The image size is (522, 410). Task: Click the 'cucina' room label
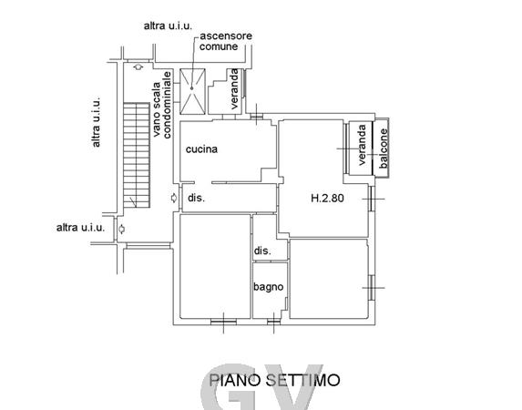click(x=201, y=149)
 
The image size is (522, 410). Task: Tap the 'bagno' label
click(x=269, y=287)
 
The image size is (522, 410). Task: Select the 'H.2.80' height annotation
click(x=327, y=199)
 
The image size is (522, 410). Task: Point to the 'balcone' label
click(x=384, y=149)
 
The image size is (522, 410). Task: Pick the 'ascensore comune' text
click(x=225, y=41)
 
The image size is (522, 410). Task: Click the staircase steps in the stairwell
click(x=137, y=155)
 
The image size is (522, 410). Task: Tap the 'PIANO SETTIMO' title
click(x=274, y=380)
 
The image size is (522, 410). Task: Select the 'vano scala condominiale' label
click(x=162, y=105)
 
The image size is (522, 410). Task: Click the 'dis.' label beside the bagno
click(x=262, y=251)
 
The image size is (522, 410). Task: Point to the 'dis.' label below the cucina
click(x=196, y=198)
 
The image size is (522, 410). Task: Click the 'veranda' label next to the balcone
click(x=362, y=145)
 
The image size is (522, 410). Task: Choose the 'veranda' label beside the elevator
click(x=234, y=88)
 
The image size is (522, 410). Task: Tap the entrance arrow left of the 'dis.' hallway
click(x=173, y=198)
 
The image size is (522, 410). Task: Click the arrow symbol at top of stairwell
click(x=138, y=67)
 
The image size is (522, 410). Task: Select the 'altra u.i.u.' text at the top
click(x=168, y=26)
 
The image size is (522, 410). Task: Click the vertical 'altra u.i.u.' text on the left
click(x=96, y=122)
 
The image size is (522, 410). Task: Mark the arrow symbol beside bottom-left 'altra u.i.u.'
click(x=122, y=229)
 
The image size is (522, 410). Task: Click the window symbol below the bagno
click(x=273, y=322)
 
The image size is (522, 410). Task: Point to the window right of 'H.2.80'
click(x=372, y=199)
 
